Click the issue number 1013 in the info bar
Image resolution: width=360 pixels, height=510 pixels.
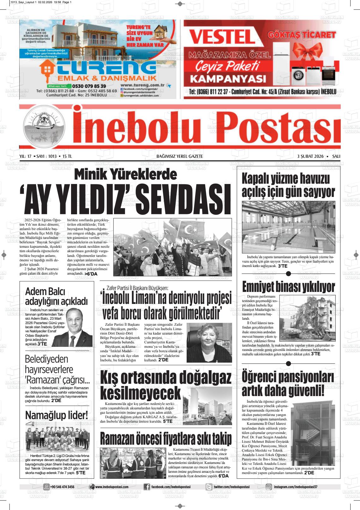coord(52,156)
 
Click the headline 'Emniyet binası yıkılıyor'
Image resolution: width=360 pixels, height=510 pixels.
coord(288,287)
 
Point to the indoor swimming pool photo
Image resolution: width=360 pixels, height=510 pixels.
coord(288,227)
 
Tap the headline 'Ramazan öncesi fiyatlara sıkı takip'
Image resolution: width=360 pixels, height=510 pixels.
coord(166,438)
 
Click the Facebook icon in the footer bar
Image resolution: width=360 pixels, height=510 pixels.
coord(147,487)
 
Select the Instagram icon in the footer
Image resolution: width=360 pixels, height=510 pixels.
coord(269,487)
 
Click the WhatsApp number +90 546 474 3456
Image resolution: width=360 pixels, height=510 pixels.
coord(62,487)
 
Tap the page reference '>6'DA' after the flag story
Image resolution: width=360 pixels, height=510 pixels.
coord(91,274)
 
